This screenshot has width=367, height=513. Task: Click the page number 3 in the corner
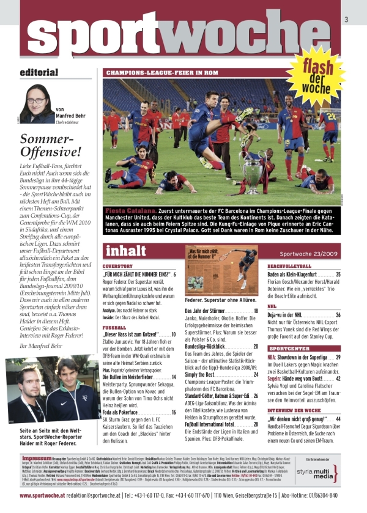click(x=346, y=21)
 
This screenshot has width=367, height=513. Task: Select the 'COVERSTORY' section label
click(x=118, y=267)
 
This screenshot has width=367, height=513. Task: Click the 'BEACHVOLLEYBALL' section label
click(x=290, y=267)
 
